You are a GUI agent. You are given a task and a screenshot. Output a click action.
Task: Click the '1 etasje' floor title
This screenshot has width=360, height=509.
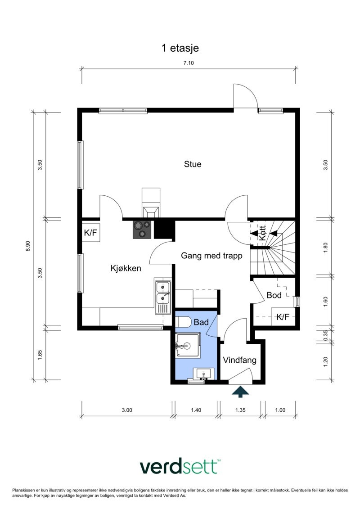[x=180, y=48]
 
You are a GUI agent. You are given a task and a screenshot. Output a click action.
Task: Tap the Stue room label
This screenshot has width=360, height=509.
[x=193, y=164]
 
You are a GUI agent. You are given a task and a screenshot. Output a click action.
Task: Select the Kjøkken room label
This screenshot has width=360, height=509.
[x=126, y=269]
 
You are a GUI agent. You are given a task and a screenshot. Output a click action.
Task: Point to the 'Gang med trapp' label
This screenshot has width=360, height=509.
[x=211, y=256]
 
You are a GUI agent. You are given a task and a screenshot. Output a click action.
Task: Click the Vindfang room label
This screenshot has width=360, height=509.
[x=239, y=360]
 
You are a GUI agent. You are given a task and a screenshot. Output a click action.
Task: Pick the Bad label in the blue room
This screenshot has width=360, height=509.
[x=201, y=322]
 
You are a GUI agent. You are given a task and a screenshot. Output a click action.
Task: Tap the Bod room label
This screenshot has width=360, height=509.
[x=274, y=295]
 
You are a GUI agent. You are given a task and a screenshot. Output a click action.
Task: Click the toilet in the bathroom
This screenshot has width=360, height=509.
[x=184, y=322]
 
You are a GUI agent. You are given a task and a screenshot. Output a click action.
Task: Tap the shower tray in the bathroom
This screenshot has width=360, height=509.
[x=188, y=345]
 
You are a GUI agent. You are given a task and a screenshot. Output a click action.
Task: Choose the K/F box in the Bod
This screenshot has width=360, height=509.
[x=283, y=317]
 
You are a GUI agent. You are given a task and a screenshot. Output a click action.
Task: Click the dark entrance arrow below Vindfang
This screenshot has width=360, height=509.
[x=240, y=392]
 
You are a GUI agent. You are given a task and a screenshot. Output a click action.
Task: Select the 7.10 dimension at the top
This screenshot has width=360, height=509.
[x=189, y=63]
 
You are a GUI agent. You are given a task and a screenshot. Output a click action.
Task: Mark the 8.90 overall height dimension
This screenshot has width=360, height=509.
[x=28, y=246]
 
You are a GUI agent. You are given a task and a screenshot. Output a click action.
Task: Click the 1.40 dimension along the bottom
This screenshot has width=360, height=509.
[x=196, y=410]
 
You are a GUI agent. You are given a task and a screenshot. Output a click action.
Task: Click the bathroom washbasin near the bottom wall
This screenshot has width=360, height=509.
[x=203, y=374]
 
